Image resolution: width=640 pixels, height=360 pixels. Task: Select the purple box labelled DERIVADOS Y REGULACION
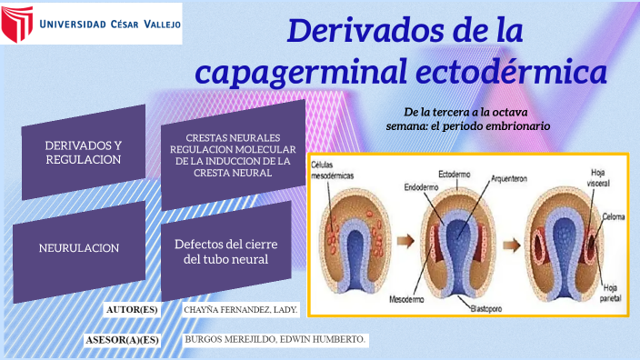pyautogui.click(x=83, y=152)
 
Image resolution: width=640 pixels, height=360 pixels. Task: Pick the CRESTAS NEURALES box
pyautogui.click(x=233, y=155)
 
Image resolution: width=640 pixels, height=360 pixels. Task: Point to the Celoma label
pyautogui.click(x=611, y=218)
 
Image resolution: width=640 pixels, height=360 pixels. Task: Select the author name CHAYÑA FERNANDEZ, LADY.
pyautogui.click(x=241, y=311)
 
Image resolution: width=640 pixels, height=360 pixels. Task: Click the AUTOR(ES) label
pyautogui.click(x=132, y=311)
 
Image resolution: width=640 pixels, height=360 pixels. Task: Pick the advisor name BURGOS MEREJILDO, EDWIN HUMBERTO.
pyautogui.click(x=275, y=339)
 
